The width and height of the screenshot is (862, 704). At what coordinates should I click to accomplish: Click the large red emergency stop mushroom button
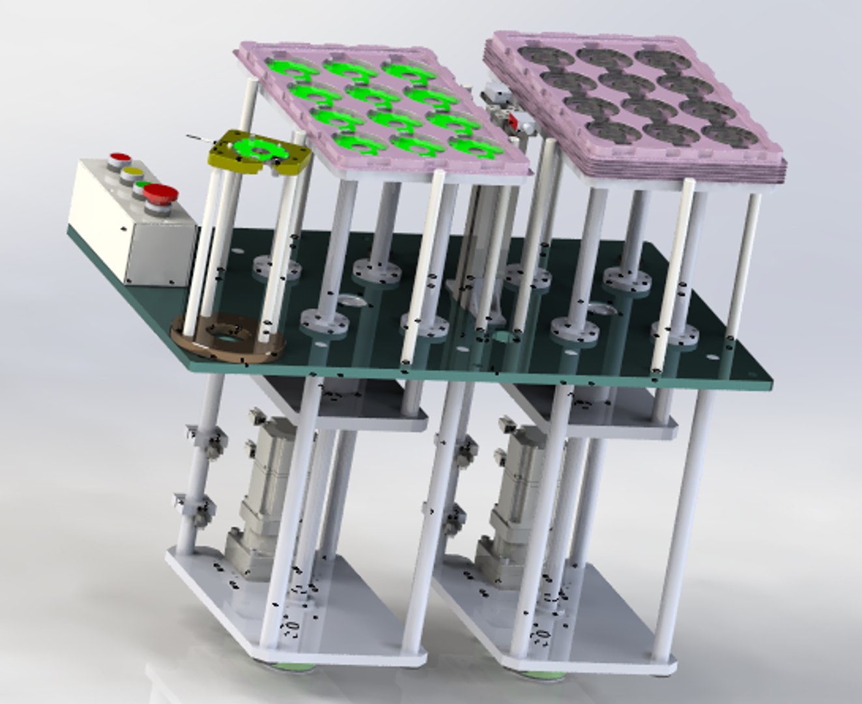pos(161,193)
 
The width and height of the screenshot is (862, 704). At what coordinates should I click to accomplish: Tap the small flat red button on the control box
pos(120,157)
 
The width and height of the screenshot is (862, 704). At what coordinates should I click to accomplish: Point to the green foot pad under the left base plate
pos(287,666)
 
